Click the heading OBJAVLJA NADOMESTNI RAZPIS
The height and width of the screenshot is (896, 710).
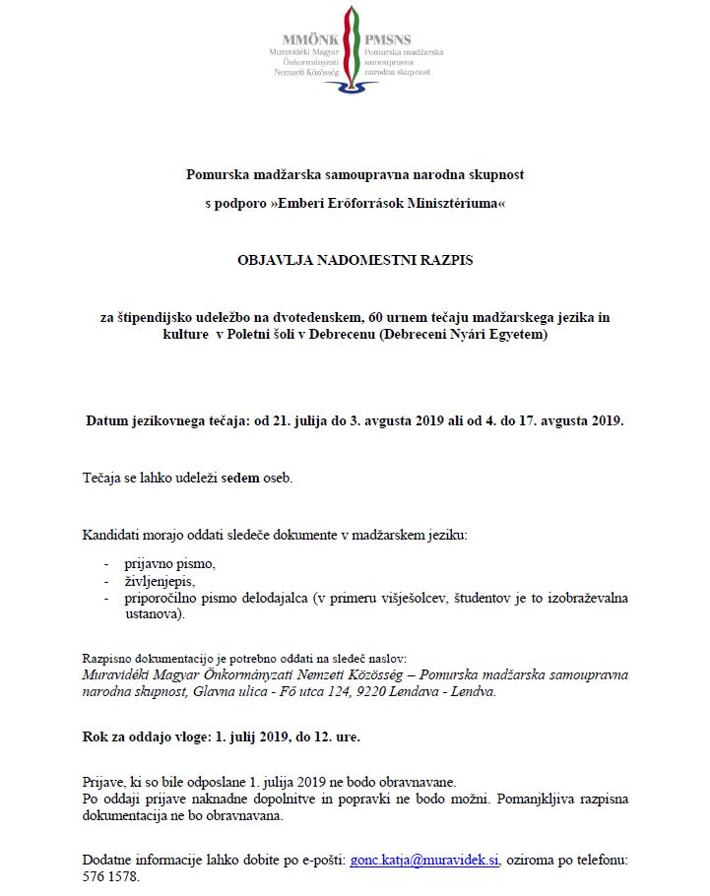[x=355, y=263]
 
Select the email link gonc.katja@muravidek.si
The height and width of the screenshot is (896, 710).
[x=424, y=859]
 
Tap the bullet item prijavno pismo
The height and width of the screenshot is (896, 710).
[x=169, y=564]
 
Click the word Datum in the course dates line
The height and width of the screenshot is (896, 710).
[x=105, y=421]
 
